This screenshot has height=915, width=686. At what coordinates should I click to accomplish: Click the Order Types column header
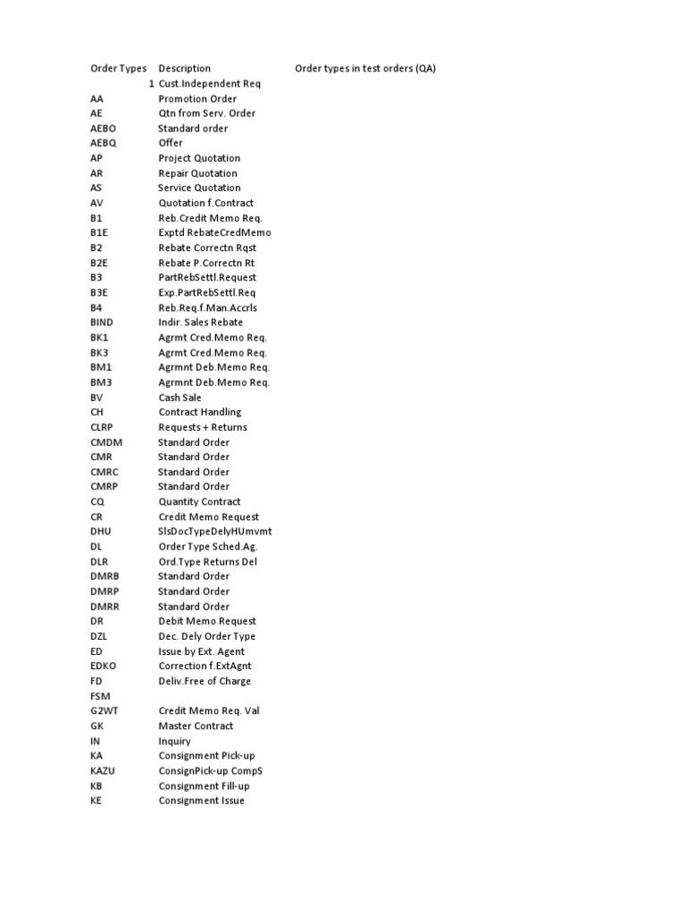click(x=118, y=69)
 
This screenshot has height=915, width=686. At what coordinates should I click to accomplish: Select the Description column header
click(x=184, y=69)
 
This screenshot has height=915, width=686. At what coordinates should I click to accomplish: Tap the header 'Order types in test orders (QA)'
click(x=365, y=69)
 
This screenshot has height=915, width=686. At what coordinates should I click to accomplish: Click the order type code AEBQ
click(x=104, y=143)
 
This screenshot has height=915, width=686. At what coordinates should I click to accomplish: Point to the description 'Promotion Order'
click(x=197, y=99)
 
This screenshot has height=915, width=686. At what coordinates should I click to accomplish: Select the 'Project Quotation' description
click(x=199, y=158)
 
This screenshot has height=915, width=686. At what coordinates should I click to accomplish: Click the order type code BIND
click(x=103, y=323)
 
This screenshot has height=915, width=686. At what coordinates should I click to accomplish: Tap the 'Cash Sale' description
click(x=180, y=398)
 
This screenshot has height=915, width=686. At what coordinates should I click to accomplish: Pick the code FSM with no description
click(x=100, y=696)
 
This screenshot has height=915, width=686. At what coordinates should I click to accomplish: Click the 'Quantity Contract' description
click(x=199, y=502)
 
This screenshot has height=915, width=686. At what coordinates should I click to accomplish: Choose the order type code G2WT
click(x=105, y=711)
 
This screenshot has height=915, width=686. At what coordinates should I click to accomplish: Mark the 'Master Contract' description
click(x=197, y=726)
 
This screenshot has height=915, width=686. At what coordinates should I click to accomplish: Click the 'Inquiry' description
click(x=174, y=742)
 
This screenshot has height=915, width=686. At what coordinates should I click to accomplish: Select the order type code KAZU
click(x=103, y=771)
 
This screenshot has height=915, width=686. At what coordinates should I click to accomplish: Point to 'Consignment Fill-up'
click(x=204, y=786)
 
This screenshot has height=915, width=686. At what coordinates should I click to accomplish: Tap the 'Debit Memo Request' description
click(x=207, y=621)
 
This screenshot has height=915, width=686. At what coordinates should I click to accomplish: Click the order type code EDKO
click(x=104, y=667)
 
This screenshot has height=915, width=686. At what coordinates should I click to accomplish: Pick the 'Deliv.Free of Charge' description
click(x=205, y=682)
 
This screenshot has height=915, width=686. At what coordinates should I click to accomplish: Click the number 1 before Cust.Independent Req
click(x=152, y=84)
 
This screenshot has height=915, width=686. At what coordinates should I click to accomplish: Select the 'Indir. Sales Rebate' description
click(x=200, y=323)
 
